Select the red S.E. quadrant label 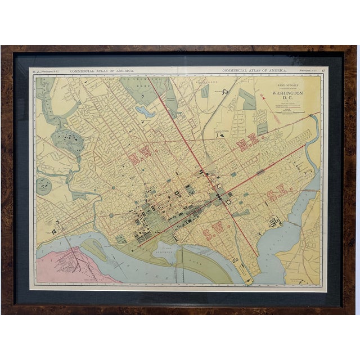click(x=277, y=194)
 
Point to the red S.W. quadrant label click(x=215, y=231)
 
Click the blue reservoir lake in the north click(x=145, y=111)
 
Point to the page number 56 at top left click(x=34, y=71)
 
